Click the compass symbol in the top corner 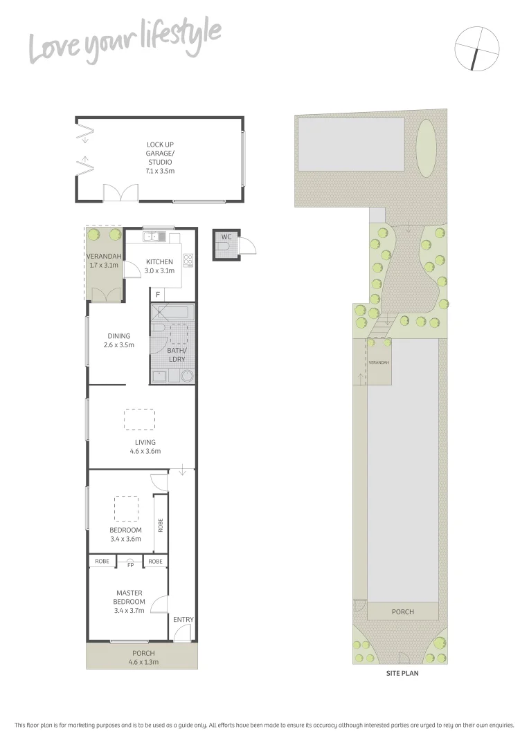(x=477, y=49)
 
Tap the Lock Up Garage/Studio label (x=159, y=157)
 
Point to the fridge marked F (x=158, y=295)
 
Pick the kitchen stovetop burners (x=188, y=261)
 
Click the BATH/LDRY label (x=177, y=355)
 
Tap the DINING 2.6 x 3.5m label (x=118, y=340)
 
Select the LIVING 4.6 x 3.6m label (x=145, y=446)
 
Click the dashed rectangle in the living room (x=139, y=420)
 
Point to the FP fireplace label (x=130, y=564)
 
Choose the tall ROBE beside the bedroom (x=160, y=525)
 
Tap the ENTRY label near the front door (x=183, y=620)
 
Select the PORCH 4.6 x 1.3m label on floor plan (x=144, y=657)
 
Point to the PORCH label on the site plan (x=402, y=611)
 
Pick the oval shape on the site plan (x=427, y=148)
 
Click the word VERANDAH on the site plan (x=379, y=362)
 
